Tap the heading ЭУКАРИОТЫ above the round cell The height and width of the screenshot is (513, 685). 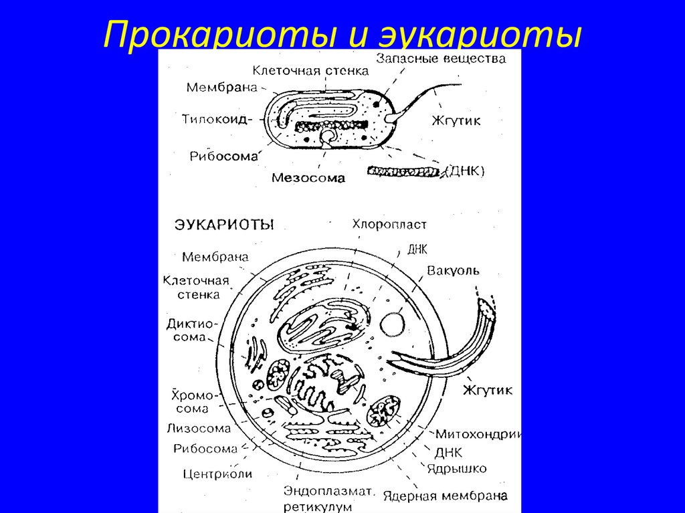[x=224, y=225]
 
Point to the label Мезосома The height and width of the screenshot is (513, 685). [x=308, y=178]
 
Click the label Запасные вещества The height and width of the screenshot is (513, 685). [x=439, y=58]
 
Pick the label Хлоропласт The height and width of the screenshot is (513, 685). [x=389, y=225]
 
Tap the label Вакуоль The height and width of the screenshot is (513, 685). [x=453, y=270]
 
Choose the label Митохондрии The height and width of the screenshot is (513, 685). [x=478, y=433]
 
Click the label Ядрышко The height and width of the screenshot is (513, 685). [x=460, y=468]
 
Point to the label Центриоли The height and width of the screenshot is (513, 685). [x=217, y=474]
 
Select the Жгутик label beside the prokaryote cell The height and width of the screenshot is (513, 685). [x=456, y=121]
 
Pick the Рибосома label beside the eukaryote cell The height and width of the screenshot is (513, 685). [x=205, y=449]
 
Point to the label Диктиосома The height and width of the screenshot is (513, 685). [x=193, y=330]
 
